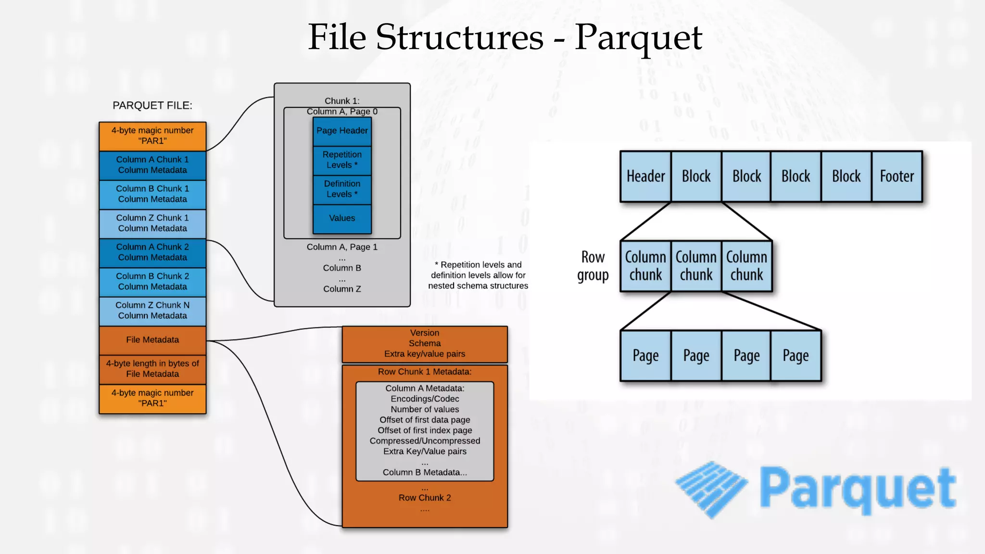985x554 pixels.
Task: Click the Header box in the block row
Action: [x=645, y=176]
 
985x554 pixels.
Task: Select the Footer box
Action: [x=897, y=176]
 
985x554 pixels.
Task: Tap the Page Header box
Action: [x=342, y=131]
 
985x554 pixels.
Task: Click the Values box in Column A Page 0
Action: [x=342, y=218]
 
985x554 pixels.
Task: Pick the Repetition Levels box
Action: [x=342, y=160]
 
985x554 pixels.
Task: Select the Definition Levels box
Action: [x=342, y=189]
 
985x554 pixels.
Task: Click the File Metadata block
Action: [x=152, y=340]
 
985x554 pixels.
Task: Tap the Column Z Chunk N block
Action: [x=152, y=311]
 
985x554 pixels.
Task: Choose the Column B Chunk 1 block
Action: [x=152, y=194]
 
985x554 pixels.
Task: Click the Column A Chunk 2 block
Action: [x=152, y=252]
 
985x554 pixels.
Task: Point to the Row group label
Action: [x=593, y=266]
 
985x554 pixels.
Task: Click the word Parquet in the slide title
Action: [x=638, y=37]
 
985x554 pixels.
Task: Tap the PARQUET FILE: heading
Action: [x=152, y=105]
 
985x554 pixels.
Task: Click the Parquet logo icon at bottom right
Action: [x=711, y=489]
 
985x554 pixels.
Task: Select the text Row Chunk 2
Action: [x=425, y=498]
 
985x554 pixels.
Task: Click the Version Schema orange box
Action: [x=425, y=344]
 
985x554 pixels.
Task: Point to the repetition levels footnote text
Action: [x=478, y=275]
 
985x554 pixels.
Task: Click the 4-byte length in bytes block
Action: [x=152, y=369]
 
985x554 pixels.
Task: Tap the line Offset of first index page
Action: [x=425, y=430]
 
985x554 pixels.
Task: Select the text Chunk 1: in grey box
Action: [x=342, y=101]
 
